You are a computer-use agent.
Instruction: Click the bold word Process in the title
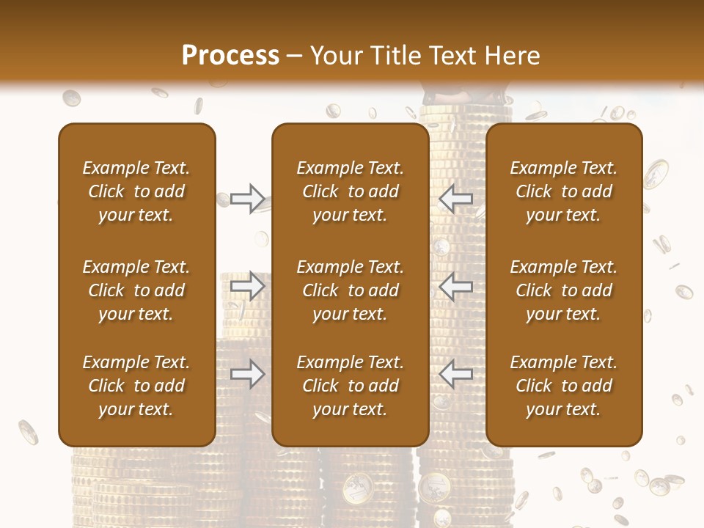point(230,56)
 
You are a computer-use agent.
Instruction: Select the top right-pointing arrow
point(247,198)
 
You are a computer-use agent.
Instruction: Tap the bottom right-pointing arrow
point(247,375)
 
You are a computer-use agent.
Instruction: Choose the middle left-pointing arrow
point(456,287)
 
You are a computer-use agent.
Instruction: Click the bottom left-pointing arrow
point(456,375)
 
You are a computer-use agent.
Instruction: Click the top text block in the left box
point(136,191)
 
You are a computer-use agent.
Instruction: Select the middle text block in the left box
point(136,290)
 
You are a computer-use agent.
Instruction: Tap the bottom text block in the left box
point(136,386)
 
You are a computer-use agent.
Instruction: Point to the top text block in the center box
point(350,191)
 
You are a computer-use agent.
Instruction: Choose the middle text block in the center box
point(350,290)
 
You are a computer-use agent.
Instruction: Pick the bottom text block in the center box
point(350,386)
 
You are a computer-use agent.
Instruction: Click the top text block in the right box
point(564,191)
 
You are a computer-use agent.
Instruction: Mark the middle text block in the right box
point(564,290)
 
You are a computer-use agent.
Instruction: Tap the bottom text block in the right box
point(564,386)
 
